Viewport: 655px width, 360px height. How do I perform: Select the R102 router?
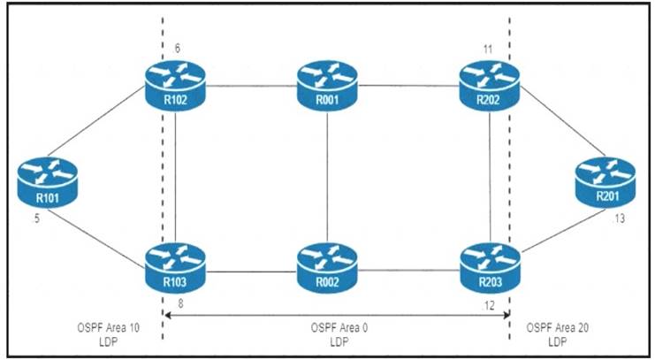coord(175,86)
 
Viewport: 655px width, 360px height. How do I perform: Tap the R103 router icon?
coord(175,262)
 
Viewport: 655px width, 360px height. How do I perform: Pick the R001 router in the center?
coord(328,86)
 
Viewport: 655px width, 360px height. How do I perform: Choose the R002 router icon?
coord(328,262)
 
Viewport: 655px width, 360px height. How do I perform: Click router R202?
coord(490,86)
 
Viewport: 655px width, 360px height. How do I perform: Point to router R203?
coord(490,262)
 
